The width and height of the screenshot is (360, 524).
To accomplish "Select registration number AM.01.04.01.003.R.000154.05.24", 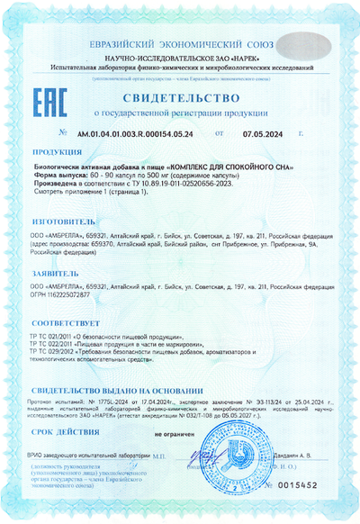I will (x=134, y=132).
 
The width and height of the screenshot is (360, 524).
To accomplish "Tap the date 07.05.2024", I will (x=263, y=132).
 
